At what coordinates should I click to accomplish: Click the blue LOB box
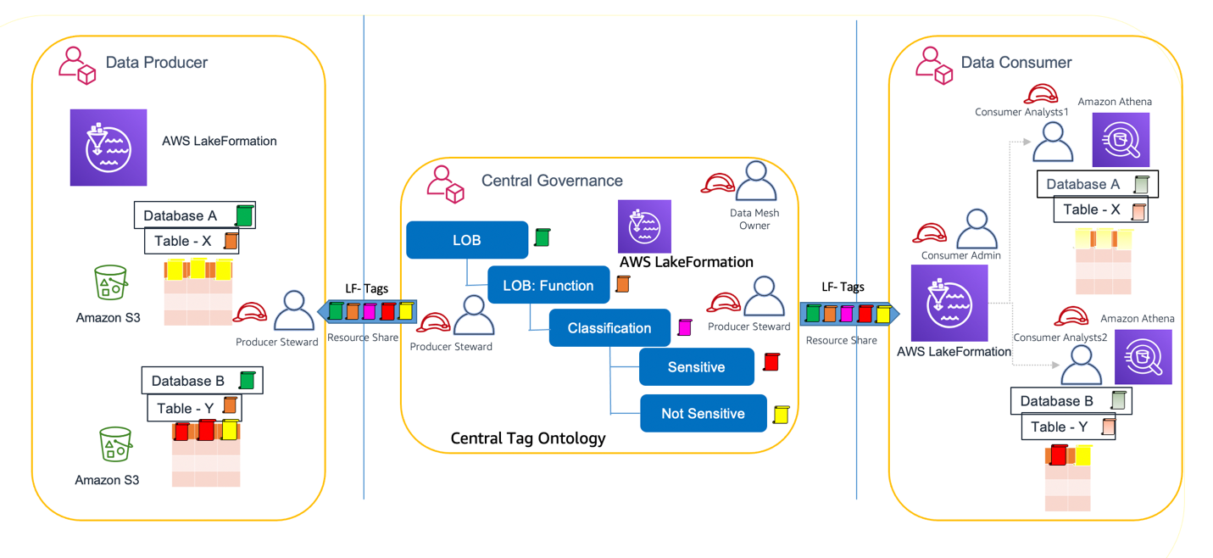click(467, 240)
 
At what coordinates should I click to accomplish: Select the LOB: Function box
click(548, 286)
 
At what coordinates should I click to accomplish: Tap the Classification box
click(609, 328)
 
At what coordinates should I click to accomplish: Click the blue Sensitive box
click(696, 367)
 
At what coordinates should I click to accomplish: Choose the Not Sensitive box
click(703, 414)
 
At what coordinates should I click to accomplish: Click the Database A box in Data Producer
click(194, 215)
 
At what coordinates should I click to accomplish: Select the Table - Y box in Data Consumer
click(1068, 427)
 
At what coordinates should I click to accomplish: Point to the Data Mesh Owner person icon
click(755, 182)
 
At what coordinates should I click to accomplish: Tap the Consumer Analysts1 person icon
click(1053, 142)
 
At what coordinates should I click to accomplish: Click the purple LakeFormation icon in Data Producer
click(109, 148)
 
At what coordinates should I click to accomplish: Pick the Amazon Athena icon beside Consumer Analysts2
click(1143, 357)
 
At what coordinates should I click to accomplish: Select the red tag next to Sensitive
click(771, 362)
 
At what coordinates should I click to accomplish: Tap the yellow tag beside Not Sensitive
click(781, 414)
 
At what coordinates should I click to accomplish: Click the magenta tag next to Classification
click(685, 326)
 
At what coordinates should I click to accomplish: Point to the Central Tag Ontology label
click(527, 438)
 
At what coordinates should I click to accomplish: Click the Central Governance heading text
click(552, 181)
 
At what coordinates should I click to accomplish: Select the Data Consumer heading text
click(1015, 63)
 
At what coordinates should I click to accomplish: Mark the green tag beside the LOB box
click(542, 237)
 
